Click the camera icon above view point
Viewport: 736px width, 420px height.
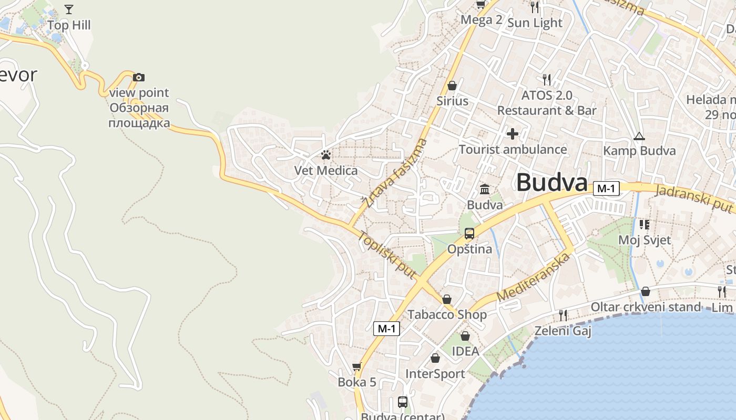139,78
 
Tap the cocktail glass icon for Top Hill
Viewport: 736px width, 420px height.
69,9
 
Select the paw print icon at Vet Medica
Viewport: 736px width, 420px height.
326,155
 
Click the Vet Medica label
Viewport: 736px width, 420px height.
326,171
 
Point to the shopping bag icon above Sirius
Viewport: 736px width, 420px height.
452,86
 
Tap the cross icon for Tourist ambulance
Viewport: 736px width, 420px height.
513,134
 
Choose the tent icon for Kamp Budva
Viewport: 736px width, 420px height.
639,136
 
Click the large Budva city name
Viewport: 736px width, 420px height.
551,183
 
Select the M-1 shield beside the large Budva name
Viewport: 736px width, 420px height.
606,188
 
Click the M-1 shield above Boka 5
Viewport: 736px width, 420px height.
386,329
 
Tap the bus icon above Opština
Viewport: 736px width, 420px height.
469,234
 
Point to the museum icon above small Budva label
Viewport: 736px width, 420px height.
485,189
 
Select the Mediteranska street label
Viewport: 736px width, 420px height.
533,277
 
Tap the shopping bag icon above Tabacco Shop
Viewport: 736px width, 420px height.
447,299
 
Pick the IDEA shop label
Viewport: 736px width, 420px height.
466,351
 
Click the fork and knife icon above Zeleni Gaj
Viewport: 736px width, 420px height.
563,315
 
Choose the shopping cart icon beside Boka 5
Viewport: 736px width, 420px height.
357,366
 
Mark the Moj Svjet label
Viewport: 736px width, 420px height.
645,240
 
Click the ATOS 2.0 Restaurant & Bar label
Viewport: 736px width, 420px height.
547,103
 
